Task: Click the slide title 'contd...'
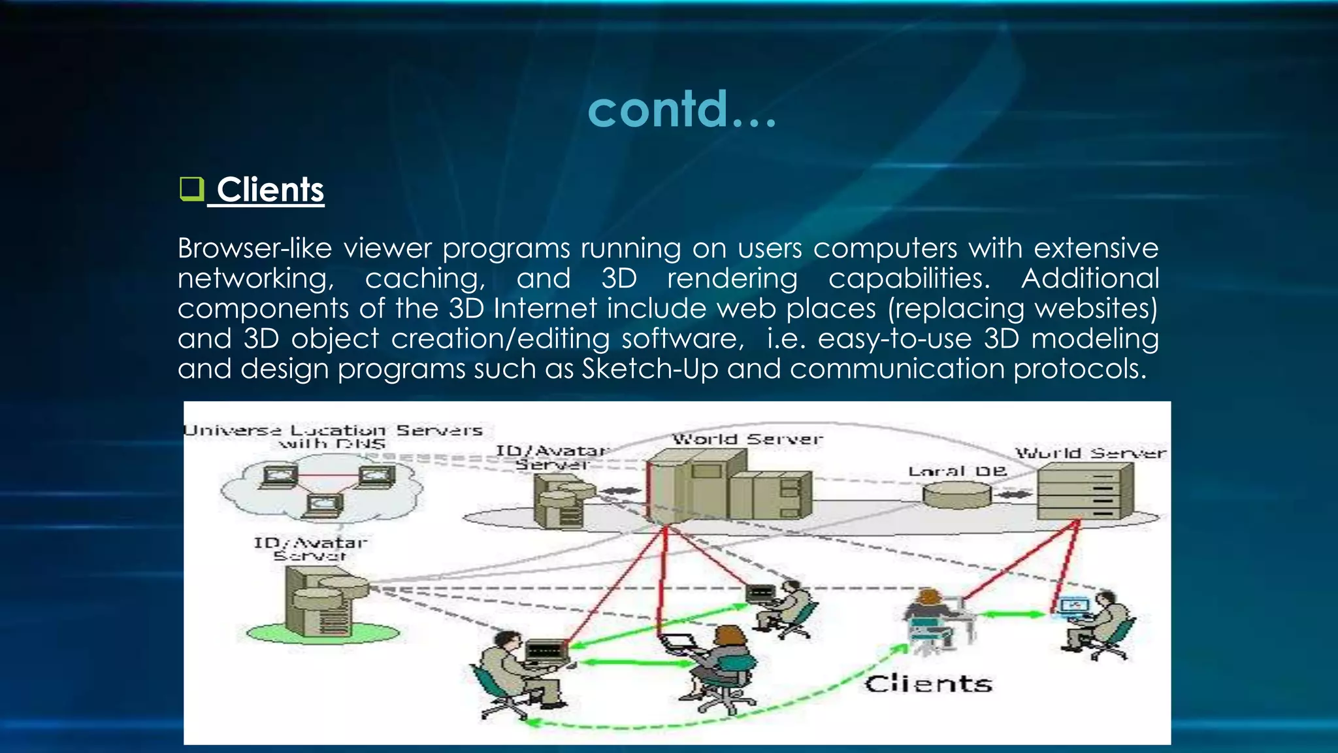[682, 109]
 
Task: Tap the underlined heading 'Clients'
[270, 190]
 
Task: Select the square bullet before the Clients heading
[191, 189]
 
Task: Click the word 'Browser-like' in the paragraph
[255, 249]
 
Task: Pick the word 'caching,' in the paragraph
[425, 279]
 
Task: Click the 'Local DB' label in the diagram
[958, 471]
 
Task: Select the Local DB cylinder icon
[957, 495]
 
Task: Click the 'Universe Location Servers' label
[333, 431]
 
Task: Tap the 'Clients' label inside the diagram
[928, 684]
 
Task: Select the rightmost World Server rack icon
[1085, 492]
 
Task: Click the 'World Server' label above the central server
[747, 439]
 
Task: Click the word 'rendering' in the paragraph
[732, 279]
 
